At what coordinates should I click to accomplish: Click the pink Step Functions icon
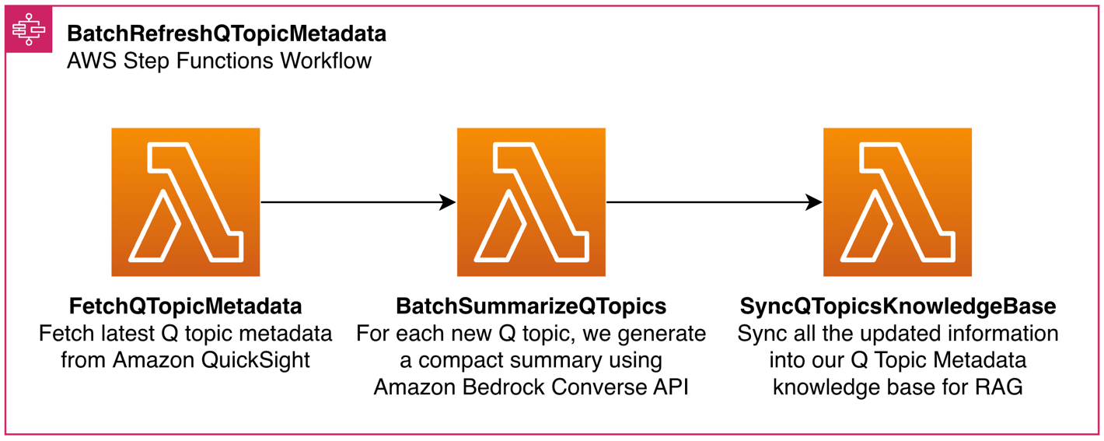[29, 30]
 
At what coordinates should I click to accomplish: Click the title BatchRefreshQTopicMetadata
[225, 34]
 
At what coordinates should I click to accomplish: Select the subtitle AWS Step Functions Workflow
[218, 61]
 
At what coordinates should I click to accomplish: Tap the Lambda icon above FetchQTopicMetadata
[185, 202]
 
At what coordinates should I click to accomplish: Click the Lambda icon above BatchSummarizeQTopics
[531, 202]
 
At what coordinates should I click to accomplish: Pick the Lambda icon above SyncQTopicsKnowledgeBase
[897, 202]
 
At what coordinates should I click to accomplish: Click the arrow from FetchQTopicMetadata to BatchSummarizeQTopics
[358, 202]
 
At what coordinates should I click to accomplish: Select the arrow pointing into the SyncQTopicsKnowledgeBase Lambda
[714, 202]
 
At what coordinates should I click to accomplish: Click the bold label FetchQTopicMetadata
[185, 306]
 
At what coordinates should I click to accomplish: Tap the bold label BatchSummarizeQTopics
[531, 306]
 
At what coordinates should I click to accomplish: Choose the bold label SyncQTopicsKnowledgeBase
[897, 306]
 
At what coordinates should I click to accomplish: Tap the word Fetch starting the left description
[66, 334]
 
